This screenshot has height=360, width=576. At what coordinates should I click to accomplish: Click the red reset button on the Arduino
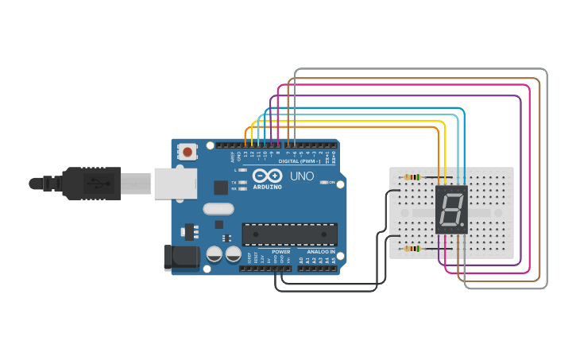(x=187, y=151)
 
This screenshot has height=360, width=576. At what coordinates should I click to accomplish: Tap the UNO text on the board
(x=301, y=176)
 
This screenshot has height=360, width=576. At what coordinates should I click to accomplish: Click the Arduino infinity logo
(x=267, y=175)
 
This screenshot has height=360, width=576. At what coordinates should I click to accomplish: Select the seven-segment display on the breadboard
(x=450, y=210)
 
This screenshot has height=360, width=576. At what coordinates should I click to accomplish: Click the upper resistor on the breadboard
(x=412, y=177)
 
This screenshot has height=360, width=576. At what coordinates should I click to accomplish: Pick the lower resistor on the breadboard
(x=412, y=249)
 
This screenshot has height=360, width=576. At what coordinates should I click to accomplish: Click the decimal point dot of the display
(x=462, y=226)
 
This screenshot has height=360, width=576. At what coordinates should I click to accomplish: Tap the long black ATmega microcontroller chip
(x=289, y=234)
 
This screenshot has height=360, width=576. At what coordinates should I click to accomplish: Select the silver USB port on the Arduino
(x=174, y=184)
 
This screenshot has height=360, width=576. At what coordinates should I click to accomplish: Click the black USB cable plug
(x=91, y=184)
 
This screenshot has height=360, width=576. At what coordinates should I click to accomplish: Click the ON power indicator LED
(x=322, y=182)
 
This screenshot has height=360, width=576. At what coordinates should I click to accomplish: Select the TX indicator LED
(x=242, y=182)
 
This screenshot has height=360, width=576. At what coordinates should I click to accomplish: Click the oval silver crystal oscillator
(x=219, y=209)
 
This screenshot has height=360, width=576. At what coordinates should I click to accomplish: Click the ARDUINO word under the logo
(x=267, y=186)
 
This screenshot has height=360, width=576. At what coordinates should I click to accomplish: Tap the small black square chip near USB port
(x=221, y=188)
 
